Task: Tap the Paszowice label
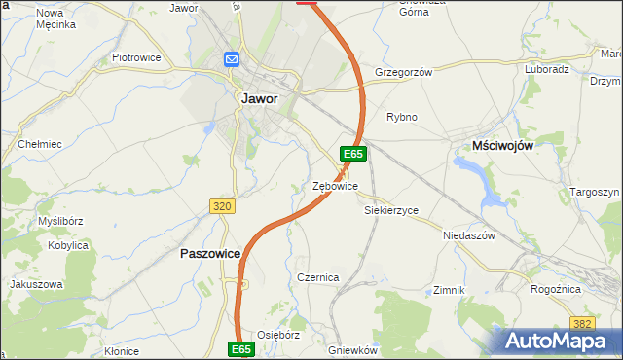click(210, 253)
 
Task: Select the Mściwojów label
click(502, 144)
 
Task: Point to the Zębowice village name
click(336, 186)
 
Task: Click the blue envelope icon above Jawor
click(232, 59)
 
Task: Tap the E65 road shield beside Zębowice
click(352, 154)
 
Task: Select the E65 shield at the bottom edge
click(242, 348)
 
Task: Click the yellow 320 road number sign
click(222, 206)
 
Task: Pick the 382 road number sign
click(583, 323)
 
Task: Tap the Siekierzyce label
click(391, 210)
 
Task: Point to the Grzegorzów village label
click(402, 72)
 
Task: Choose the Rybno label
click(402, 117)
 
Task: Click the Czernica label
click(317, 277)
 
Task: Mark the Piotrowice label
click(135, 57)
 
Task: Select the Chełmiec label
click(40, 144)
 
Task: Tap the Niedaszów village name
click(469, 235)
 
